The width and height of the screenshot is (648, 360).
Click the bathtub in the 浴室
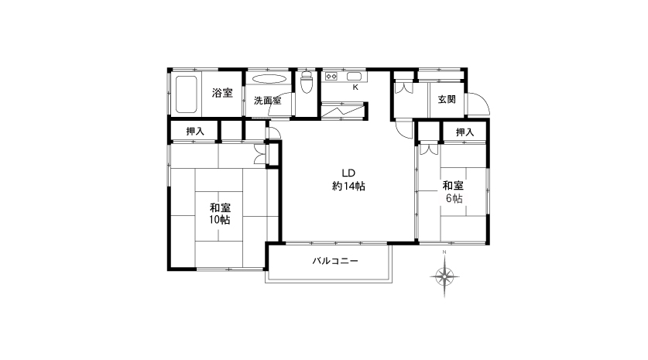pyautogui.click(x=186, y=94)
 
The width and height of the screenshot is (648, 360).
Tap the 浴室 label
pyautogui.click(x=222, y=93)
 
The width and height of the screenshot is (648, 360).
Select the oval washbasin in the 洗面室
pyautogui.click(x=269, y=79)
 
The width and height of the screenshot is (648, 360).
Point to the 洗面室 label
pyautogui.click(x=267, y=101)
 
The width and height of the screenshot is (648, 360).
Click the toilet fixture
pyautogui.click(x=307, y=82)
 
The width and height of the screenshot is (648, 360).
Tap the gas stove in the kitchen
pyautogui.click(x=331, y=76)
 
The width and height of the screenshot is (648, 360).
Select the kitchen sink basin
pyautogui.click(x=354, y=76)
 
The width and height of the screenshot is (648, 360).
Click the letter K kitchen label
pyautogui.click(x=355, y=87)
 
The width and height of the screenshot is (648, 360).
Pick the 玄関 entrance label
pyautogui.click(x=447, y=99)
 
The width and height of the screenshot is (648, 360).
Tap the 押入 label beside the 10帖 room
pyautogui.click(x=195, y=132)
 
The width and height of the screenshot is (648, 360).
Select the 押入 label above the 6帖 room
pyautogui.click(x=465, y=132)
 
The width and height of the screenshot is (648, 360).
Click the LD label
pyautogui.click(x=348, y=173)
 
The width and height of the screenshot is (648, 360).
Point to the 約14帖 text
pyautogui.click(x=348, y=187)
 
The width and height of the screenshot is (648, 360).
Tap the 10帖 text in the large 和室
pyautogui.click(x=219, y=220)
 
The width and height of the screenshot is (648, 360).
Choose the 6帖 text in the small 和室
pyautogui.click(x=454, y=198)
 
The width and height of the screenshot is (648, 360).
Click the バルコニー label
pyautogui.click(x=335, y=261)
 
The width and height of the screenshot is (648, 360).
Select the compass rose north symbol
pyautogui.click(x=444, y=276)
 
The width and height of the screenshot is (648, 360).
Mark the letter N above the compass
pyautogui.click(x=444, y=252)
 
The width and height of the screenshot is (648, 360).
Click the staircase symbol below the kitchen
pyautogui.click(x=343, y=111)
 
